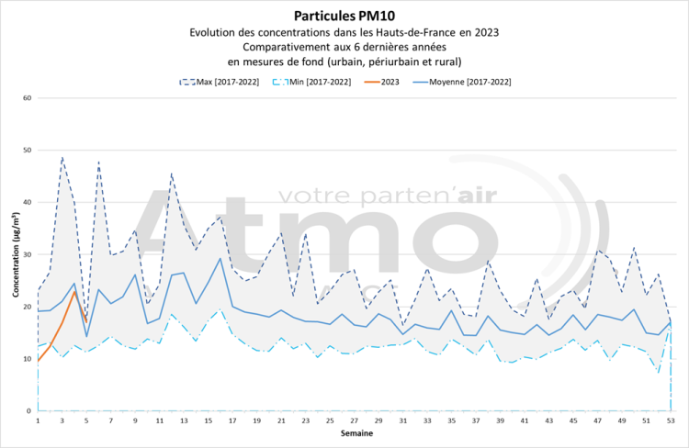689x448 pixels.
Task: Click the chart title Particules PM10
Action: tap(344, 16)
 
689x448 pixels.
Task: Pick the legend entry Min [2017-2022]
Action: tap(321, 82)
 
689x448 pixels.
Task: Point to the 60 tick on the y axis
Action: tap(27, 98)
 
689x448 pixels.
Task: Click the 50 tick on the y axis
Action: tap(27, 151)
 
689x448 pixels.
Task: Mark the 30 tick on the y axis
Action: tap(27, 254)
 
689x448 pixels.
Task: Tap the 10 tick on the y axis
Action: tap(27, 359)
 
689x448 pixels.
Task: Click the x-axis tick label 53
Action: tap(671, 420)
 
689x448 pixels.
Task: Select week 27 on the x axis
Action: tap(355, 420)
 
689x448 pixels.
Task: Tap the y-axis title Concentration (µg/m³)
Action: tap(16, 254)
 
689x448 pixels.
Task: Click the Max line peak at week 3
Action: tap(62, 157)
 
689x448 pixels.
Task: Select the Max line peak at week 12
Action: tap(172, 173)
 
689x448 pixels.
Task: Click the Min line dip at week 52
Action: tap(659, 372)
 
